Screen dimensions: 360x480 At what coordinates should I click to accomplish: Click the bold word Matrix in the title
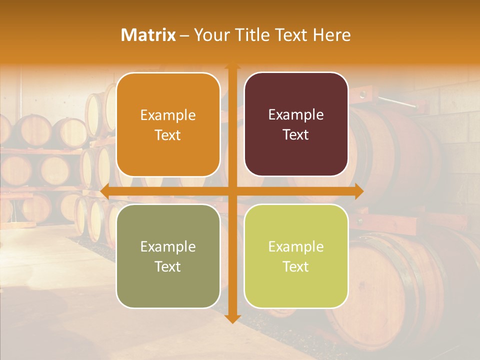[x=148, y=35]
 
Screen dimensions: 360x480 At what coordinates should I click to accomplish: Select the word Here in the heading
[x=331, y=35]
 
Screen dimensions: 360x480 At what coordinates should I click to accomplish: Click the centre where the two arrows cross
[x=232, y=191]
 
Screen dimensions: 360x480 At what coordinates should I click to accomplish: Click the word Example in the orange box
[x=168, y=115]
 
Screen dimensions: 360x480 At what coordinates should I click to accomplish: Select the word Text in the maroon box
[x=296, y=135]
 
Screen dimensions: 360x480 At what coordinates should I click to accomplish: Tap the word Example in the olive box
[x=168, y=247]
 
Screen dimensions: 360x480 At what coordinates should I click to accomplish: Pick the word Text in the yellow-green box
[x=296, y=266]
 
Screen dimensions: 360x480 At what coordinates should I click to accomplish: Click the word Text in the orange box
[x=168, y=135]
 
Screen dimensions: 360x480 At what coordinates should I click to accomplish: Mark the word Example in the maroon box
[x=296, y=115]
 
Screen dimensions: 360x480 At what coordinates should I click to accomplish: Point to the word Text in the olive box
[x=168, y=266]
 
